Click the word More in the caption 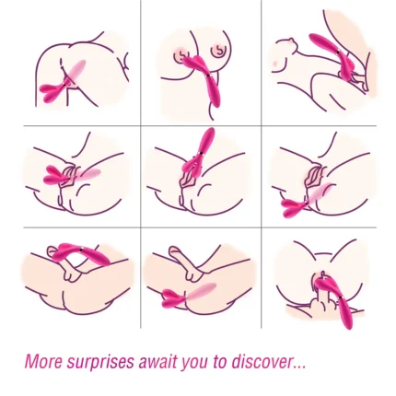tap(43, 361)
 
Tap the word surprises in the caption tap(100, 363)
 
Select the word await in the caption tap(157, 361)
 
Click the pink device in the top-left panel tap(63, 83)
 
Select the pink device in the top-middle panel tap(203, 80)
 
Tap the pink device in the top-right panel tap(333, 57)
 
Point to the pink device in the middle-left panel tap(71, 177)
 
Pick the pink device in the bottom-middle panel tap(188, 295)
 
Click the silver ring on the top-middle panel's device tap(207, 76)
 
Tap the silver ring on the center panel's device tap(201, 153)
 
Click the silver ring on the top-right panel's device tap(337, 52)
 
